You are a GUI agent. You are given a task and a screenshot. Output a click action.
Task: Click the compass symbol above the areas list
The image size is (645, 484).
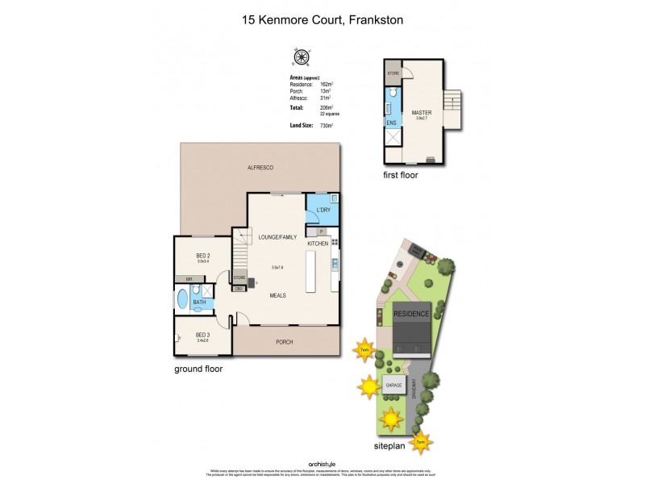[x=302, y=56]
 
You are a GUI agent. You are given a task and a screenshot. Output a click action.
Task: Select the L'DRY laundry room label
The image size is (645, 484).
[x=323, y=210]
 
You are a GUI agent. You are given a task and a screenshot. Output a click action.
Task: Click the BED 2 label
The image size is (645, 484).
[x=203, y=254]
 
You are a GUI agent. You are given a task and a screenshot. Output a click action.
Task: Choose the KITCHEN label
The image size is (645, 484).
[x=318, y=243]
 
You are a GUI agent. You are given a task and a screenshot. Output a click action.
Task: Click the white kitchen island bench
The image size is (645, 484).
[x=310, y=272]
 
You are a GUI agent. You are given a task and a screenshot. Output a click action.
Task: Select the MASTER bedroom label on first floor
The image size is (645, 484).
[x=421, y=113]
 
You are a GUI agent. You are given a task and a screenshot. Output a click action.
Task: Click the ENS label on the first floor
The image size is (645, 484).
[x=391, y=123]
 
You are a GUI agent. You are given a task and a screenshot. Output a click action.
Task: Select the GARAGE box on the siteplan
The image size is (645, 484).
[x=393, y=386]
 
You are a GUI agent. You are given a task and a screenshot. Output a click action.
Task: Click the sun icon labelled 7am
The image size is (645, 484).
[x=365, y=348]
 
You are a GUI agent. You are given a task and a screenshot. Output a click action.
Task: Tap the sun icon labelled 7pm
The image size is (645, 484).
[x=420, y=442]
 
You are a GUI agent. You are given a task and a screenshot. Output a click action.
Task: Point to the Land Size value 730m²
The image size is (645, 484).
[x=327, y=126]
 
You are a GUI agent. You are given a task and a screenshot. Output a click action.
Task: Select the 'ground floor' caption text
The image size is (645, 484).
[x=198, y=369]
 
